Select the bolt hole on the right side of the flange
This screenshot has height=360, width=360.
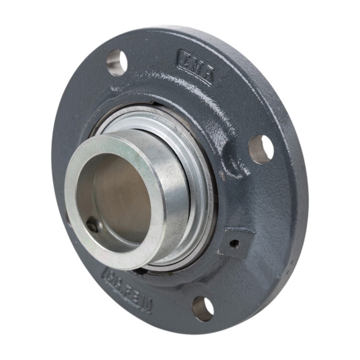(x=261, y=148)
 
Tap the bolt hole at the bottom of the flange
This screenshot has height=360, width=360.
(x=203, y=308)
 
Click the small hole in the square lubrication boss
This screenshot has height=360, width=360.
(x=234, y=244)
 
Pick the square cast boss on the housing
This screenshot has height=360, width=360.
(x=235, y=243)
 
